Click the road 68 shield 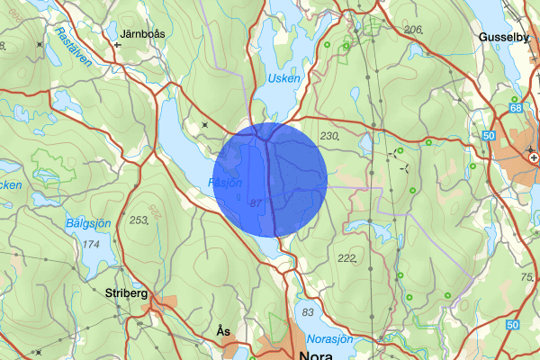click(516, 108)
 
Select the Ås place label click(223, 332)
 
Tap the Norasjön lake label click(329, 339)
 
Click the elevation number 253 click(139, 220)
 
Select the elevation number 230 click(329, 136)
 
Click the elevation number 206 click(414, 30)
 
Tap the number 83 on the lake click(310, 311)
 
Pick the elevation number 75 click(527, 277)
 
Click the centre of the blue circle click(270, 179)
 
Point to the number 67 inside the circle click(256, 203)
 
